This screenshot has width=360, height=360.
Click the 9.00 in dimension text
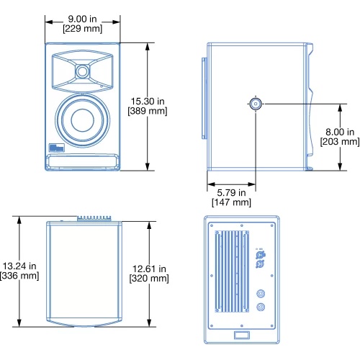82,19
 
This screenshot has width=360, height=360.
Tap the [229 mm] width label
82,29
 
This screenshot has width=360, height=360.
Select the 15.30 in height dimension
148,101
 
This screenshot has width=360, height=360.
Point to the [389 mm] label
148,111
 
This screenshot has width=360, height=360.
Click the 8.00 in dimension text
340,132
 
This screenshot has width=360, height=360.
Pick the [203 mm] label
340,142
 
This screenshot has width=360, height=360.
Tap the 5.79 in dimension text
231,192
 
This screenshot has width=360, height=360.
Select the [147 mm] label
231,202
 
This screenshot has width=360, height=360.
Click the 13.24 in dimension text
19,266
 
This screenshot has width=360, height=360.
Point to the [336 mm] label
19,276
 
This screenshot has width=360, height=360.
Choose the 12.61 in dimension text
149,269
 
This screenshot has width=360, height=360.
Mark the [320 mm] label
149,279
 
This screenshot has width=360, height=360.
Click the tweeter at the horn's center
82,71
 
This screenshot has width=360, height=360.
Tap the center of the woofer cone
82,120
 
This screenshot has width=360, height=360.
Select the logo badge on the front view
57,148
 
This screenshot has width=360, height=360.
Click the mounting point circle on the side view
256,104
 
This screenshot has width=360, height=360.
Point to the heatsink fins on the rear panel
232,271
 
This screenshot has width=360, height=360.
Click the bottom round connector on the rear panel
261,307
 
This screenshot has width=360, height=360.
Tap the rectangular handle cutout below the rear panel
242,335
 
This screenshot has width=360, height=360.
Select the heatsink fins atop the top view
94,218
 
